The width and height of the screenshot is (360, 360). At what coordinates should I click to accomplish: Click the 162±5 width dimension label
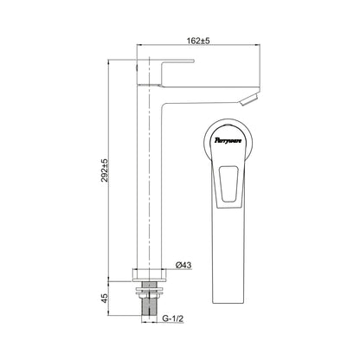click(198, 41)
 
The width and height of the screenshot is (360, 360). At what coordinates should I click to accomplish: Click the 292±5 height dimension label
click(104, 170)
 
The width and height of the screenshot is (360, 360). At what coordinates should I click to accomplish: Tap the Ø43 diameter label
click(183, 265)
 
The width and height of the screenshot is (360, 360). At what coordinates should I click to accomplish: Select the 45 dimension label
click(105, 298)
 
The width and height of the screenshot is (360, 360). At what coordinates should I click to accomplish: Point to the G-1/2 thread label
click(172, 318)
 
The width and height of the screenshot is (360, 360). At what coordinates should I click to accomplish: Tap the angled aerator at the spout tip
click(250, 99)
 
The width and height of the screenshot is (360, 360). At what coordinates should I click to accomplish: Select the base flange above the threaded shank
click(150, 274)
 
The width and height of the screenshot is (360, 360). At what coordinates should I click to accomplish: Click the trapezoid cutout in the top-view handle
click(228, 183)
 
